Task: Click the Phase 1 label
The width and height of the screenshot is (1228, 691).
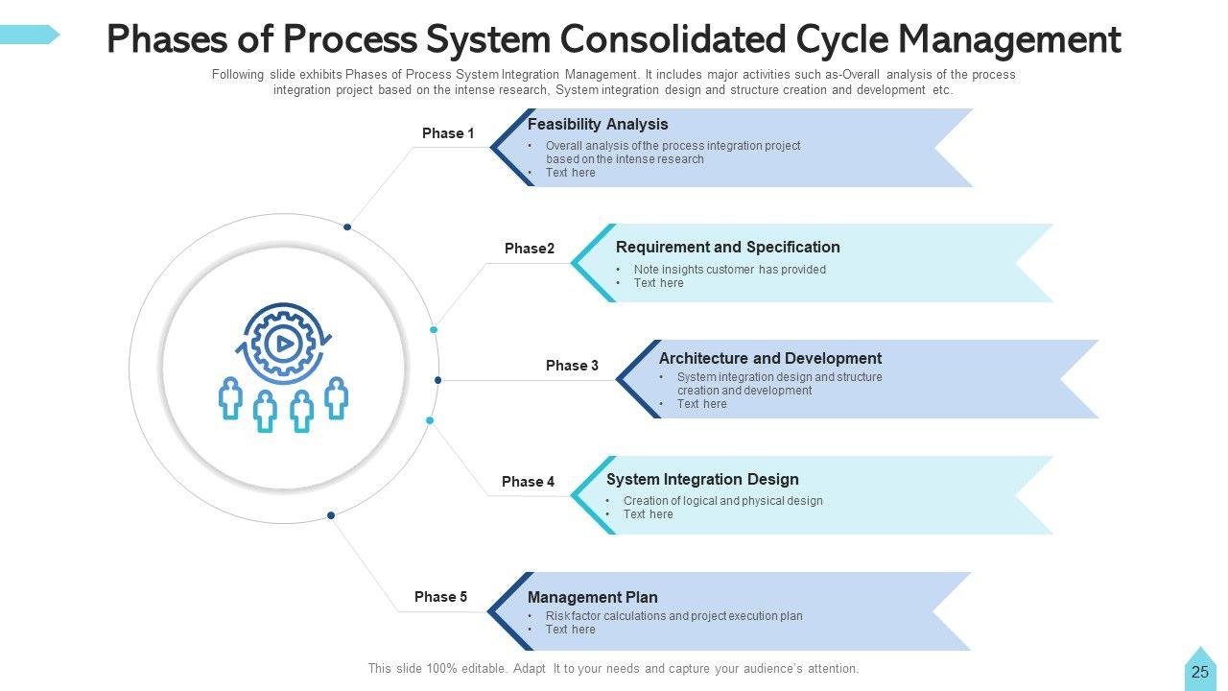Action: [448, 133]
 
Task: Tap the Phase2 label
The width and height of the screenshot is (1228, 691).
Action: [530, 249]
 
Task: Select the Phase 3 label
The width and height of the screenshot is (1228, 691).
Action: [572, 366]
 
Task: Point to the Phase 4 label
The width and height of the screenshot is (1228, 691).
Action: [528, 482]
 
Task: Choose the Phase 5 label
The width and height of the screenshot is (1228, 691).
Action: [440, 597]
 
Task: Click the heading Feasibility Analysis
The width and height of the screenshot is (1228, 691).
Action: [598, 125]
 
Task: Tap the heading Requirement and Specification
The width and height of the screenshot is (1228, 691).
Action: [727, 248]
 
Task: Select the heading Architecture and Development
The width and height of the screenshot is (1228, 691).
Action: [769, 359]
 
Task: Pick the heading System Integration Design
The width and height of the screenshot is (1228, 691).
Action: [702, 480]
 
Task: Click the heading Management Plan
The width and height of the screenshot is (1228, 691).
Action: [592, 598]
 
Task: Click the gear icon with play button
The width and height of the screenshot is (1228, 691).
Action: [282, 341]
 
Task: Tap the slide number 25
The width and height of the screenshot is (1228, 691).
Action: [1199, 673]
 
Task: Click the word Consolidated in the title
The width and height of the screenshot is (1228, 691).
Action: [674, 40]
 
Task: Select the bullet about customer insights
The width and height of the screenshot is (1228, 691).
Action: [729, 270]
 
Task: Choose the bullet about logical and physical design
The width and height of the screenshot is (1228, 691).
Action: [722, 501]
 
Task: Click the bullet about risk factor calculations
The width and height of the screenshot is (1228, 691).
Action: [673, 616]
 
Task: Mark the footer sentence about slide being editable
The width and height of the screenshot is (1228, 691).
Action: [613, 669]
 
